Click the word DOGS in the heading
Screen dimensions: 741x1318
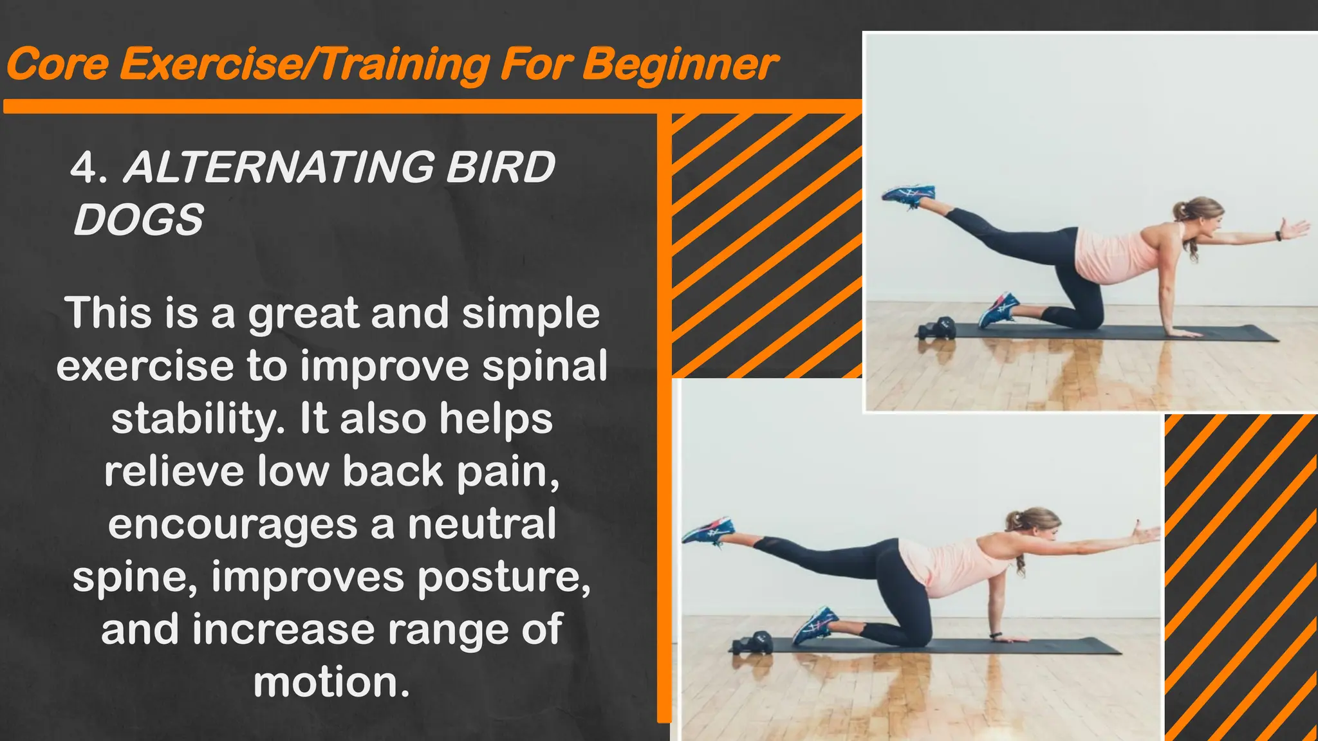coord(138,220)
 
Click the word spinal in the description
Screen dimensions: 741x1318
coord(544,367)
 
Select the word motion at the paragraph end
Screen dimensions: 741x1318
coord(331,682)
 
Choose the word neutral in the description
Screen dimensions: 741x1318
coord(481,524)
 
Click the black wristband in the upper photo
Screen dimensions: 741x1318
coord(1279,235)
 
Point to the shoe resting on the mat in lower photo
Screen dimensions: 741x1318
coord(815,624)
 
